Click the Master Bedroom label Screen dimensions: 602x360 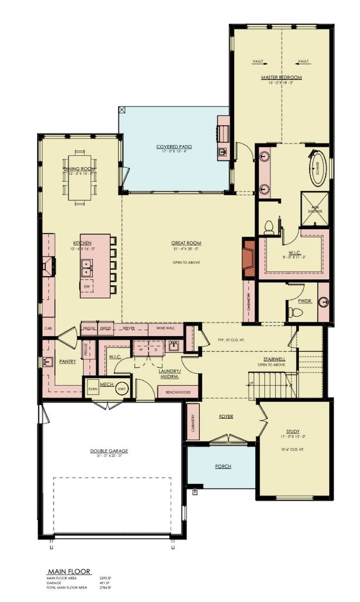[x=281, y=78]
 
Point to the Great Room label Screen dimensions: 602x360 [x=186, y=242]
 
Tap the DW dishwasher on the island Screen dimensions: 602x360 [x=86, y=287]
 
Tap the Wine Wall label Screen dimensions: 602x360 [x=165, y=329]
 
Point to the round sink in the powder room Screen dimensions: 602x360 [x=323, y=303]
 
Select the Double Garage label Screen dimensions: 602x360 [x=109, y=451]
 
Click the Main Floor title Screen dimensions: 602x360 [x=64, y=571]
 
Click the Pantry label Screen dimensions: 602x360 [x=67, y=362]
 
